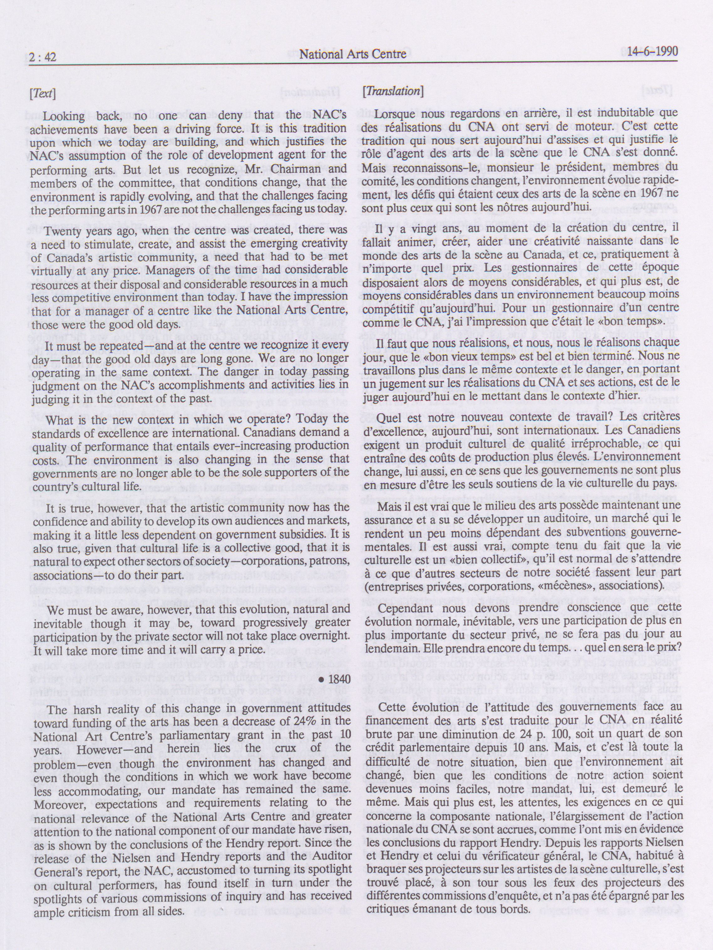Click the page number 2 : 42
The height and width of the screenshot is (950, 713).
pos(43,57)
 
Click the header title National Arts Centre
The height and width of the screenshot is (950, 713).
pos(352,54)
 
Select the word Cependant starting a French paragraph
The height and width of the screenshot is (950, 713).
pos(403,608)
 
